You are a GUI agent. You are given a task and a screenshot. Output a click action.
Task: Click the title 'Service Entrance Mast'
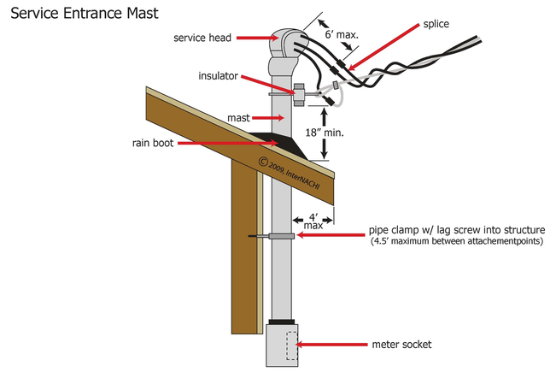coord(83,15)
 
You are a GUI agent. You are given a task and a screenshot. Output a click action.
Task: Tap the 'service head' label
coord(202,38)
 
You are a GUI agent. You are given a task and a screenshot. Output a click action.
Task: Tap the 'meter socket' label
coord(401,345)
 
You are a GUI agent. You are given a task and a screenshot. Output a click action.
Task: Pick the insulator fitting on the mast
coord(300,92)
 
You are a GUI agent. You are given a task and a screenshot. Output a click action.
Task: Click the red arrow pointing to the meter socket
coord(337,345)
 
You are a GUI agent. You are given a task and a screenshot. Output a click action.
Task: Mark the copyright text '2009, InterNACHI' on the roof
coord(295,173)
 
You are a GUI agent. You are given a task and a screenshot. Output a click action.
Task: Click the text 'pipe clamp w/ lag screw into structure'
coord(450,230)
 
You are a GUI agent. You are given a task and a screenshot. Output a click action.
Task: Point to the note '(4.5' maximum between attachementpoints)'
coord(450,243)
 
